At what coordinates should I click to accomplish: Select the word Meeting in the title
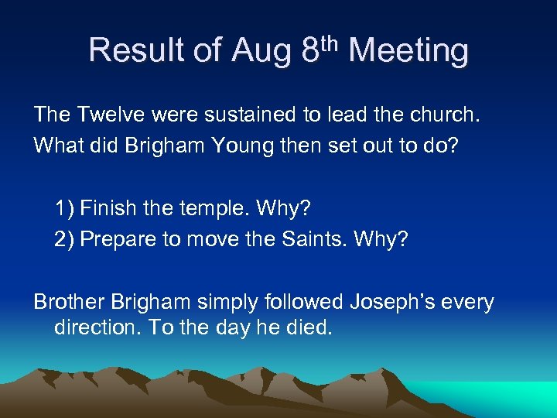(408, 52)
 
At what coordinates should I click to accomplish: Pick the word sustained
(248, 115)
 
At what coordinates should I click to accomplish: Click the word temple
(206, 208)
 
